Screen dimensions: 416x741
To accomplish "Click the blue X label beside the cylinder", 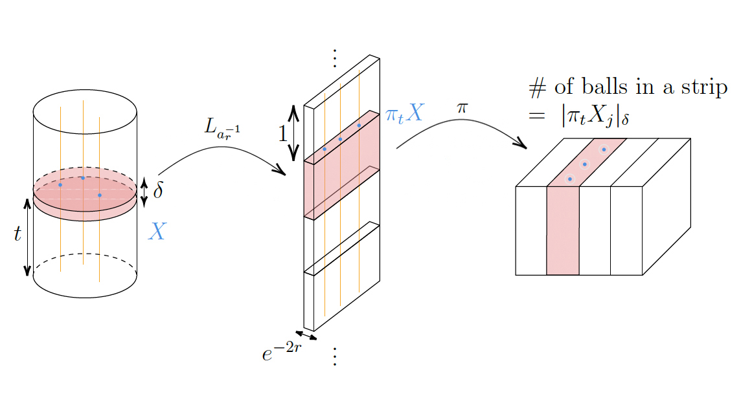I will [x=157, y=231].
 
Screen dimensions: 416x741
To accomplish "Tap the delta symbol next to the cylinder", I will [x=159, y=192].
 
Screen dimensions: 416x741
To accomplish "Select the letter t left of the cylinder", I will [x=17, y=234].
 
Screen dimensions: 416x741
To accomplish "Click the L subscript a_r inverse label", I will [x=222, y=128].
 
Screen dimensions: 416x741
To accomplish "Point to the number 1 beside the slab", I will [x=282, y=133].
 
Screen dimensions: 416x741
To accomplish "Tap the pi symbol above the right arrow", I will [x=462, y=107].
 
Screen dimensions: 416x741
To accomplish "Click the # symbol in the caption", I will [x=536, y=88].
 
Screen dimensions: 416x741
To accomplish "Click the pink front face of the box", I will [x=563, y=230].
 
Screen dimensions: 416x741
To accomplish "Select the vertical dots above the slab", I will [x=334, y=58].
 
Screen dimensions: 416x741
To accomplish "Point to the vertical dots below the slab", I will [x=334, y=356].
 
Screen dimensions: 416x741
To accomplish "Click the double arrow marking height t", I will [x=28, y=236].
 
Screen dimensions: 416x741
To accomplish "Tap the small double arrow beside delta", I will [x=144, y=192].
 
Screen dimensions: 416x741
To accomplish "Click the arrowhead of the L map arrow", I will [x=281, y=171].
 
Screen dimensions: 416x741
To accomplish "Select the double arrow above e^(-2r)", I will [x=306, y=335].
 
